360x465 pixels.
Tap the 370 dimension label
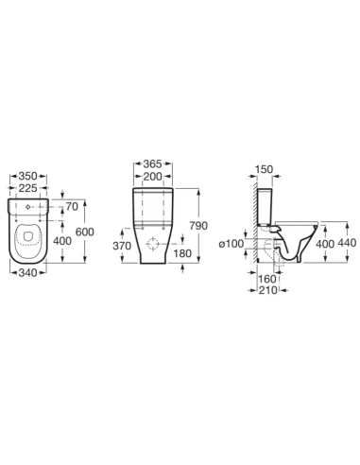coord(121,245)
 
